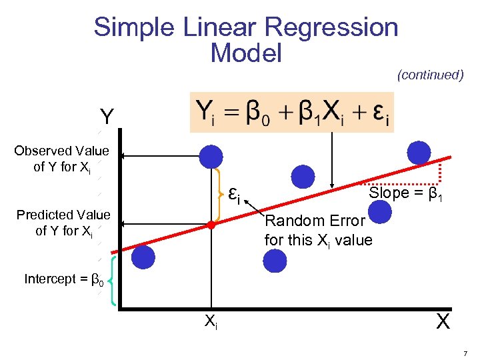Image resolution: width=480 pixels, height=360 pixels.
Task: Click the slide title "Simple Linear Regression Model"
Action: click(246, 39)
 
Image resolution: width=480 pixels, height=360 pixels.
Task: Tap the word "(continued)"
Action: click(430, 75)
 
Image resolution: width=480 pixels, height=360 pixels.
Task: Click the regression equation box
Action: click(292, 112)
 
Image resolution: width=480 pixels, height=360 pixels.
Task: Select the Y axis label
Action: click(106, 118)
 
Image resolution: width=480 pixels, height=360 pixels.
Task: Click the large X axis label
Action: click(442, 322)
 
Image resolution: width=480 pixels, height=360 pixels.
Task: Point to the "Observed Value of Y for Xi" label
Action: click(61, 159)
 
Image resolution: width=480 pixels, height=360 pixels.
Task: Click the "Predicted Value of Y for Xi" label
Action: click(63, 223)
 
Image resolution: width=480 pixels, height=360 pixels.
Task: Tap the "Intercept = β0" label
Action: click(64, 279)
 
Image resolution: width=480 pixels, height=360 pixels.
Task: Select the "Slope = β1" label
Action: click(406, 194)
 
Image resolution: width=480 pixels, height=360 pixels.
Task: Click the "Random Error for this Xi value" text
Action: click(318, 230)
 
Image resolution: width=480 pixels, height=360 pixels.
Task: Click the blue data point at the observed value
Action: click(211, 157)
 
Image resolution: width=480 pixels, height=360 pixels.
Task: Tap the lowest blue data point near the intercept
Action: click(143, 257)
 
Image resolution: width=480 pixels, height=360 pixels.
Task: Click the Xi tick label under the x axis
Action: click(211, 322)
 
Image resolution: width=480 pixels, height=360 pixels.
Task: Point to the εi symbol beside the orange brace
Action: click(233, 194)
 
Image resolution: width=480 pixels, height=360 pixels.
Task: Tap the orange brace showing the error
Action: click(221, 194)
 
